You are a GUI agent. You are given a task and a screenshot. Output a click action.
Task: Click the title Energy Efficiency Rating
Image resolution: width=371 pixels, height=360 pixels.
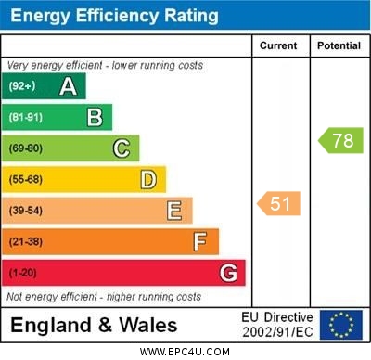coord(113,16)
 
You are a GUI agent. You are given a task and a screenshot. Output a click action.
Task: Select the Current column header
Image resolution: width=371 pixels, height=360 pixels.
coord(278,45)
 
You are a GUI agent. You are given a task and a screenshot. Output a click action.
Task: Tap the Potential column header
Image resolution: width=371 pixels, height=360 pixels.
coord(339,45)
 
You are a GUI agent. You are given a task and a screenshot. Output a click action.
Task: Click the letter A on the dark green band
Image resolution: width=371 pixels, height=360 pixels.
coord(68,87)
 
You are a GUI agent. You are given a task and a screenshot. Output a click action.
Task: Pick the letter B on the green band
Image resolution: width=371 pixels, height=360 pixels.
coord(95,117)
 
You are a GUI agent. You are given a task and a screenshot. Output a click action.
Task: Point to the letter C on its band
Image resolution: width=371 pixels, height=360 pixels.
coord(122,148)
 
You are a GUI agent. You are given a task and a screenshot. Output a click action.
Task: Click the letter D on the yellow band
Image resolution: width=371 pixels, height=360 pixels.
coord(148,179)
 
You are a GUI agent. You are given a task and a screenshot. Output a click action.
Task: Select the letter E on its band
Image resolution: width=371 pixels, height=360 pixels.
coord(174,211)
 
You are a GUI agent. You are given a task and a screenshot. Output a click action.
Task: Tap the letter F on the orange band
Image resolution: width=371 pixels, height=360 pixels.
coord(200,242)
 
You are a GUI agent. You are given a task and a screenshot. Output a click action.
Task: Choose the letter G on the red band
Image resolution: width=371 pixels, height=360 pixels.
coord(228,273)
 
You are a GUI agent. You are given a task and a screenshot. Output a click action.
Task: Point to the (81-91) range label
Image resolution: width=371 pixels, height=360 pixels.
coord(25,118)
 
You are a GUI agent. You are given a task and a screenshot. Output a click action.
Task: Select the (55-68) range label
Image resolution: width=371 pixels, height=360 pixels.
coord(25,180)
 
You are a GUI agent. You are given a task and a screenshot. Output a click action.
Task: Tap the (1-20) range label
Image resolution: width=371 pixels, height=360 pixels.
coord(22,274)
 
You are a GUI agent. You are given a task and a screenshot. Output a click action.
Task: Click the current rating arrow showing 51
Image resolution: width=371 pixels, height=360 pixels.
coord(279,204)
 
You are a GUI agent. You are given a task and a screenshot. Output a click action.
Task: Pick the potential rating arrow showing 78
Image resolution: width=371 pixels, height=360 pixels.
coord(340,141)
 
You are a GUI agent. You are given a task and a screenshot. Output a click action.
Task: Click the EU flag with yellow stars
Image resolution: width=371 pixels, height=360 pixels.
coord(340,325)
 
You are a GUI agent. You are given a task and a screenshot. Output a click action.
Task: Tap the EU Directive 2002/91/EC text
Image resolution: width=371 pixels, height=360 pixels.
coord(277,325)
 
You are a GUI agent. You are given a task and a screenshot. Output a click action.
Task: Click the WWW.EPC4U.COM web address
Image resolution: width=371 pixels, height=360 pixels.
coord(185,352)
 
